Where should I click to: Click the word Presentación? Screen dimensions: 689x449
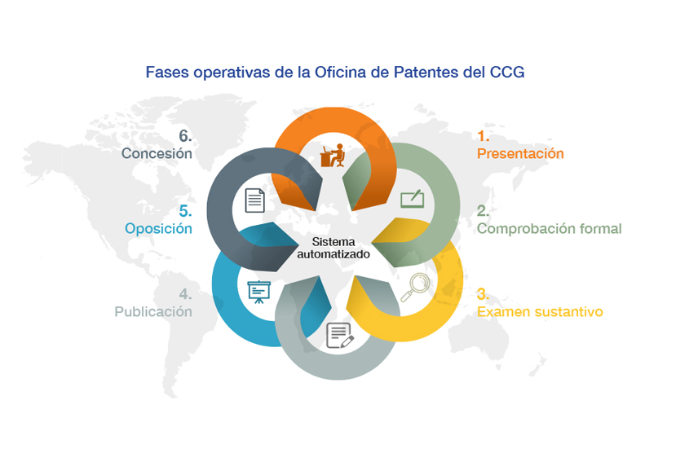520,153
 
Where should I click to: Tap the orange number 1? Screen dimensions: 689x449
483,136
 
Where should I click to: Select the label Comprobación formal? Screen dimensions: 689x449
550,228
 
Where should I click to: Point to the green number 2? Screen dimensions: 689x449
483,211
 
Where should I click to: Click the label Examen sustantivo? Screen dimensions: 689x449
540,311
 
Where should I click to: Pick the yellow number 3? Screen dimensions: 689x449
483,294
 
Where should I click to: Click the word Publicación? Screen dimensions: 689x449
153,311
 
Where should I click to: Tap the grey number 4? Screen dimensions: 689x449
185,294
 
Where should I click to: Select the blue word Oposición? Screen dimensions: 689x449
159,228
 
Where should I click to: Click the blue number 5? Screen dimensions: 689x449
185,211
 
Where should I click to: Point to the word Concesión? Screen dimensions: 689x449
157,153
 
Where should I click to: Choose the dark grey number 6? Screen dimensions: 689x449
185,136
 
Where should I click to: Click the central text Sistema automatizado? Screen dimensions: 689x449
333,248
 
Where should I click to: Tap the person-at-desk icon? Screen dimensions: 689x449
333,156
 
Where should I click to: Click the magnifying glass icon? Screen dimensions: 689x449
415,288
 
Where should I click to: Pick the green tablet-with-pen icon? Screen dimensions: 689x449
412,199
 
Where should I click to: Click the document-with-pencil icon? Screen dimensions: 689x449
340,336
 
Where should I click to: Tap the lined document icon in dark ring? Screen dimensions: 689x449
255,200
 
